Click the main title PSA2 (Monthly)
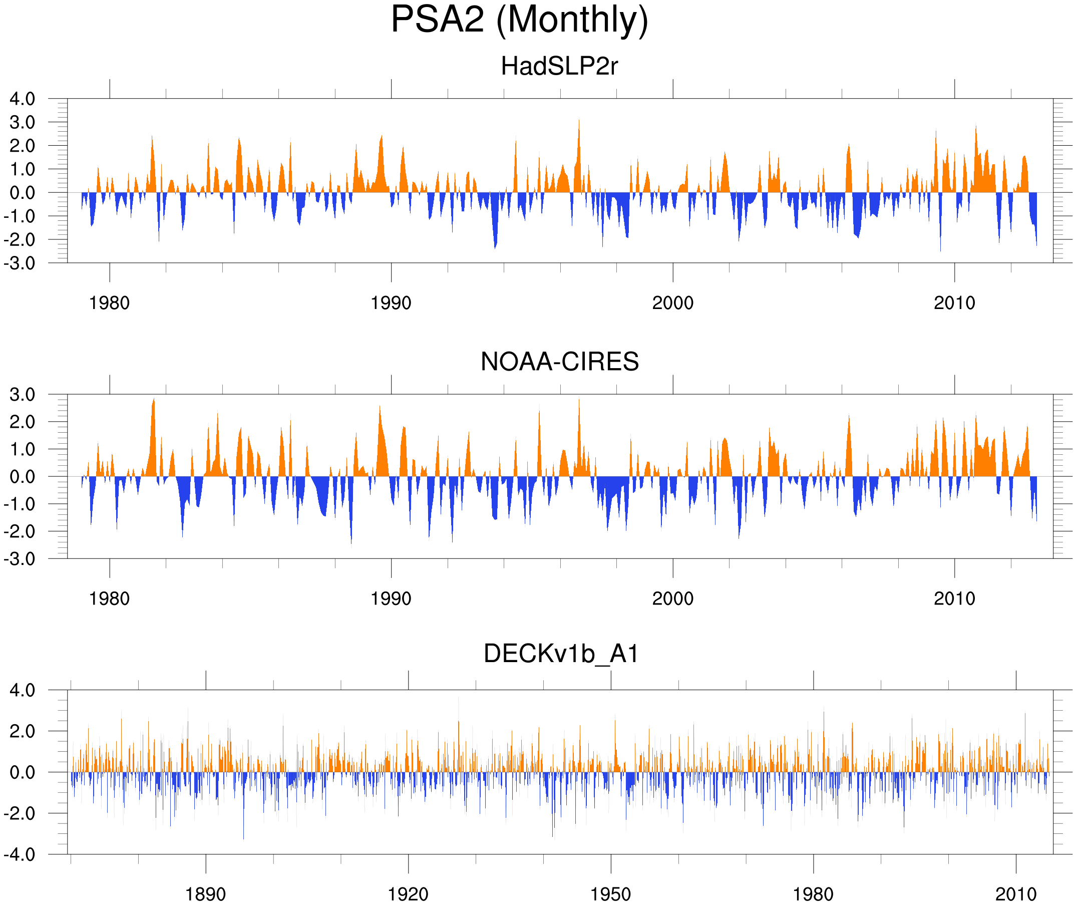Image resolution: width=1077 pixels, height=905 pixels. pyautogui.click(x=519, y=20)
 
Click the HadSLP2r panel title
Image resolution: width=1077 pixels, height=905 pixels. pyautogui.click(x=559, y=66)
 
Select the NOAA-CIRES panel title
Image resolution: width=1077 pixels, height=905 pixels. pyautogui.click(x=559, y=362)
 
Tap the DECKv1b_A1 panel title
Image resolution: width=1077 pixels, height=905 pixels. pyautogui.click(x=561, y=654)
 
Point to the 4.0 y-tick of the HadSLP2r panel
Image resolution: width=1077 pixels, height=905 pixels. pyautogui.click(x=22, y=99)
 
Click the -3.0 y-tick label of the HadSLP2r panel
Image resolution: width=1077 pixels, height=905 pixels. pyautogui.click(x=20, y=263)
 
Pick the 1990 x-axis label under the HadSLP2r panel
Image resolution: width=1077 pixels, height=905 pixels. pyautogui.click(x=391, y=303)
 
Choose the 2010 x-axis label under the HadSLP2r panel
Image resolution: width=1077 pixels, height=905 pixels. pyautogui.click(x=954, y=303)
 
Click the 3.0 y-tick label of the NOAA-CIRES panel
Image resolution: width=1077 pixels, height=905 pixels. pyautogui.click(x=22, y=395)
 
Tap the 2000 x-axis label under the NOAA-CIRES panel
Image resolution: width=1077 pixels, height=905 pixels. pyautogui.click(x=672, y=598)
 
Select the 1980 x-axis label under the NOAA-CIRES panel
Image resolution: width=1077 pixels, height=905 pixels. pyautogui.click(x=109, y=598)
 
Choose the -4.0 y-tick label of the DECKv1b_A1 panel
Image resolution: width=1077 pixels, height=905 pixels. pyautogui.click(x=20, y=855)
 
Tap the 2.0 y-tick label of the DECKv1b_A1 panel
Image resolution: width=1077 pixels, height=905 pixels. pyautogui.click(x=22, y=731)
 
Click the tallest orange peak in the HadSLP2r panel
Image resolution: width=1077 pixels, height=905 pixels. pyautogui.click(x=579, y=121)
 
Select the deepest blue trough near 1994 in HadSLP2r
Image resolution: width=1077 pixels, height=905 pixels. pyautogui.click(x=495, y=247)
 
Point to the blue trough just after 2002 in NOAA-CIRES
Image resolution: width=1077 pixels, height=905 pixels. pyautogui.click(x=739, y=536)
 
